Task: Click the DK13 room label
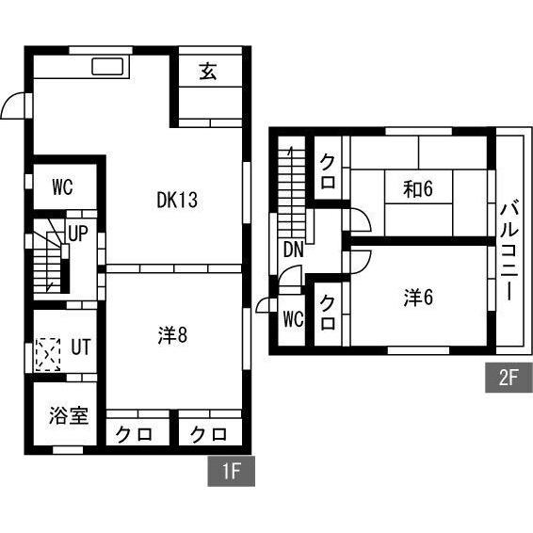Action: (175, 200)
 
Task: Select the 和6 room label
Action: (417, 189)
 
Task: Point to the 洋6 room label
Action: (417, 298)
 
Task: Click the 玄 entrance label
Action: (209, 73)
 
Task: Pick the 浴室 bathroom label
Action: (69, 415)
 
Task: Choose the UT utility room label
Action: (80, 346)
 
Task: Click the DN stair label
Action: (293, 250)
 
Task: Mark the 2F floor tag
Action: (509, 379)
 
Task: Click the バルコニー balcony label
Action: (509, 250)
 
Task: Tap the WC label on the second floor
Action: (292, 318)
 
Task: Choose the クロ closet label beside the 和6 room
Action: (329, 170)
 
